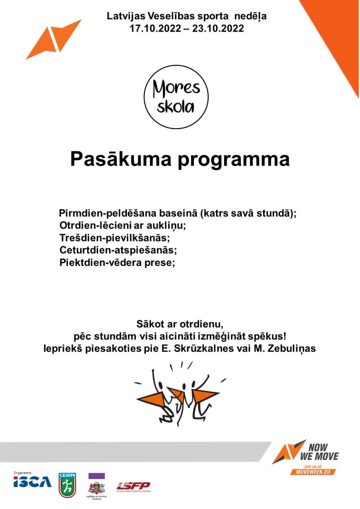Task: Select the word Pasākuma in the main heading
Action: [x=120, y=160]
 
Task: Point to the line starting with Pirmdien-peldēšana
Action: [x=178, y=213]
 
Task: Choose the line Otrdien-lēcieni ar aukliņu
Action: [x=122, y=225]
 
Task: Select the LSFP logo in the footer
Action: [x=133, y=486]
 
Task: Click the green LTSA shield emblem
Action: [x=67, y=485]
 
